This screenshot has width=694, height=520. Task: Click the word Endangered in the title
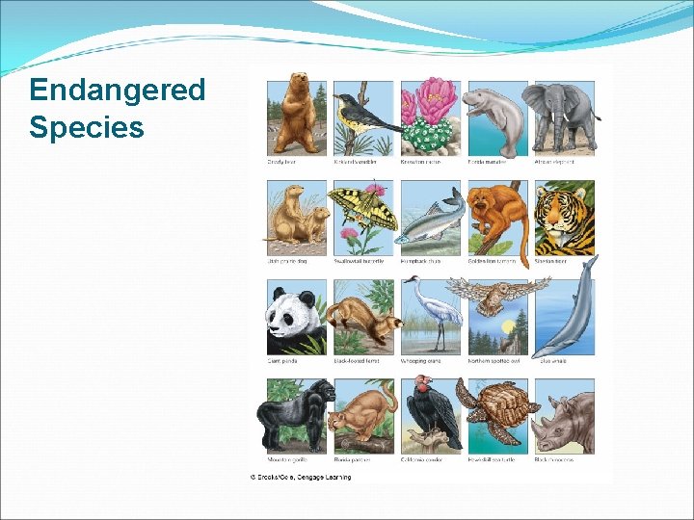pos(117,90)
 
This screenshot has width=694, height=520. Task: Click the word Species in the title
pos(86,126)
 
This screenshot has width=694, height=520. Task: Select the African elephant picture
pos(558,116)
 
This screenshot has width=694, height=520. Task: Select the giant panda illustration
pos(295,318)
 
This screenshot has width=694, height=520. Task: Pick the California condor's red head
pos(422,388)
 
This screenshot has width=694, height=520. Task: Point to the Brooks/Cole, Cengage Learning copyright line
pos(301,477)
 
